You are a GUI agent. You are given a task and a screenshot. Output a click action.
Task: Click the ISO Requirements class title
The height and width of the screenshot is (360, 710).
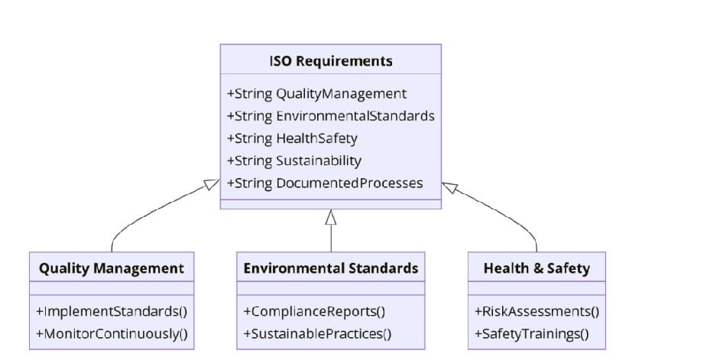click(331, 61)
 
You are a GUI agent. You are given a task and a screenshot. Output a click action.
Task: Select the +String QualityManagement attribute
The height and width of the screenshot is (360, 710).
click(316, 94)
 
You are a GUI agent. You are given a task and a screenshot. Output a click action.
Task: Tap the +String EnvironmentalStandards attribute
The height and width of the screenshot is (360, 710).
click(330, 116)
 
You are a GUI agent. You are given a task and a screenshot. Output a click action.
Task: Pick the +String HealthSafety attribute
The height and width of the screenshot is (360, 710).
click(292, 138)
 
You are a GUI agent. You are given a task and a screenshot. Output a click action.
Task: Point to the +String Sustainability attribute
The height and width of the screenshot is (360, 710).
click(294, 161)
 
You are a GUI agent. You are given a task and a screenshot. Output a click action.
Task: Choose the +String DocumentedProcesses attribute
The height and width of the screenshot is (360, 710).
click(325, 183)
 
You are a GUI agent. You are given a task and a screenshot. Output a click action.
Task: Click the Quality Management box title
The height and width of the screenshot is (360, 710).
click(112, 268)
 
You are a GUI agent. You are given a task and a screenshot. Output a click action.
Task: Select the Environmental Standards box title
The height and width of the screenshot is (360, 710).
click(331, 268)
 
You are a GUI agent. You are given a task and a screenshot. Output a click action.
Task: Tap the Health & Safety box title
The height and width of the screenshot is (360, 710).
click(537, 268)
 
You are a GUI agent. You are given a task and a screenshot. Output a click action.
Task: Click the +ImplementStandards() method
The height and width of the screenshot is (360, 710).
click(112, 311)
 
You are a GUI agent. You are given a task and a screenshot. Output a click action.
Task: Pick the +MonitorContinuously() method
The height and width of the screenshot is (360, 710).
click(112, 333)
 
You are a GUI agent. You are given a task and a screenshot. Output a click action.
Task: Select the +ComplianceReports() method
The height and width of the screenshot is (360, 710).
click(314, 311)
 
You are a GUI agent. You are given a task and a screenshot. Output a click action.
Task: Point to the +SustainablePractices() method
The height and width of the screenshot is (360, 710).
click(317, 333)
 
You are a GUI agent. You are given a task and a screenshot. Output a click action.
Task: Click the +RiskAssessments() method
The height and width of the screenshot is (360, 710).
click(537, 311)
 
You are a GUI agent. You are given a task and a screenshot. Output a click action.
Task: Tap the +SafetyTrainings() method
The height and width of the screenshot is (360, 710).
click(532, 333)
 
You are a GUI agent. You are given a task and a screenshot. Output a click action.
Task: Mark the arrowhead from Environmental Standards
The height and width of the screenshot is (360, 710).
click(331, 217)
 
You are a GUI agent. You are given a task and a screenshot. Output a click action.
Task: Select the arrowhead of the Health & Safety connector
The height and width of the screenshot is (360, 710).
click(449, 187)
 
